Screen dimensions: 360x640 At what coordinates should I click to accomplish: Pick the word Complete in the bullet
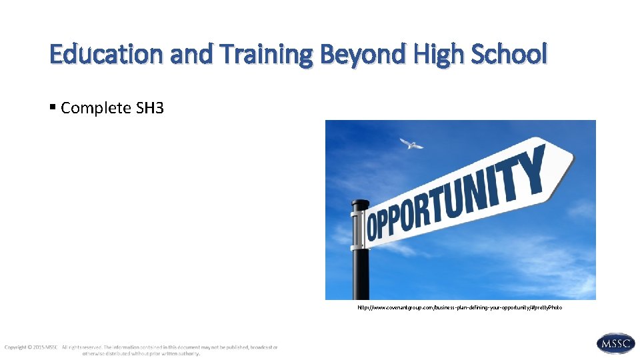[96, 108]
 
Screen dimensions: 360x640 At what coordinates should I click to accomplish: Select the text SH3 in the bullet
[150, 108]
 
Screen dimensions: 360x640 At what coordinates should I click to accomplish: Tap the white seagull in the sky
[411, 143]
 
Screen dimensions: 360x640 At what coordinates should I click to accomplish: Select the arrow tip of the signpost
[567, 161]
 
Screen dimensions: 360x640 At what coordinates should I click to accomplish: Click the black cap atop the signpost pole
[361, 204]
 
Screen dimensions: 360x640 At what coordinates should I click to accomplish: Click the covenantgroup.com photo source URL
[460, 308]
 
